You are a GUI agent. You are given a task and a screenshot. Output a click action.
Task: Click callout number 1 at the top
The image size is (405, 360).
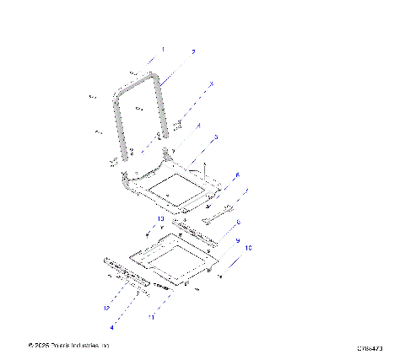[x=163, y=51]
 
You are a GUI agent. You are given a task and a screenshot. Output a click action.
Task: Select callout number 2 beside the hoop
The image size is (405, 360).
[x=192, y=52]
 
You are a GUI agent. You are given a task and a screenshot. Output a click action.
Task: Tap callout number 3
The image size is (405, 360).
[x=211, y=83]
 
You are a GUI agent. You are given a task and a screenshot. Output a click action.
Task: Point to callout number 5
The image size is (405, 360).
[x=216, y=137]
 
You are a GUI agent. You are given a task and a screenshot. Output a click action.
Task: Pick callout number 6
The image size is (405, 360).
[x=237, y=175]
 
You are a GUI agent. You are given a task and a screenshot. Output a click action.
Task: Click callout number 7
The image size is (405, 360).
[x=246, y=193]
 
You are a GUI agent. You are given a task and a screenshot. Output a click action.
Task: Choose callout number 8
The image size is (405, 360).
[x=238, y=223]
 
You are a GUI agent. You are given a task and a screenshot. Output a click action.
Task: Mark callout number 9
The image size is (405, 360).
[x=237, y=241]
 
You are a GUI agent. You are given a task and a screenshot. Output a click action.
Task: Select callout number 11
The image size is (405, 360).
[x=152, y=318]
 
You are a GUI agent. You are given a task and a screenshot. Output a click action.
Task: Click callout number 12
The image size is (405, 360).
[x=106, y=309]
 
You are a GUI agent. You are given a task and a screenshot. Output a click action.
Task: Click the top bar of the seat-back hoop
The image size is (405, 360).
[x=137, y=78]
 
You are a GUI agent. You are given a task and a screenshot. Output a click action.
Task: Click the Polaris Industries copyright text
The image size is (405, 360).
[x=69, y=346]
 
